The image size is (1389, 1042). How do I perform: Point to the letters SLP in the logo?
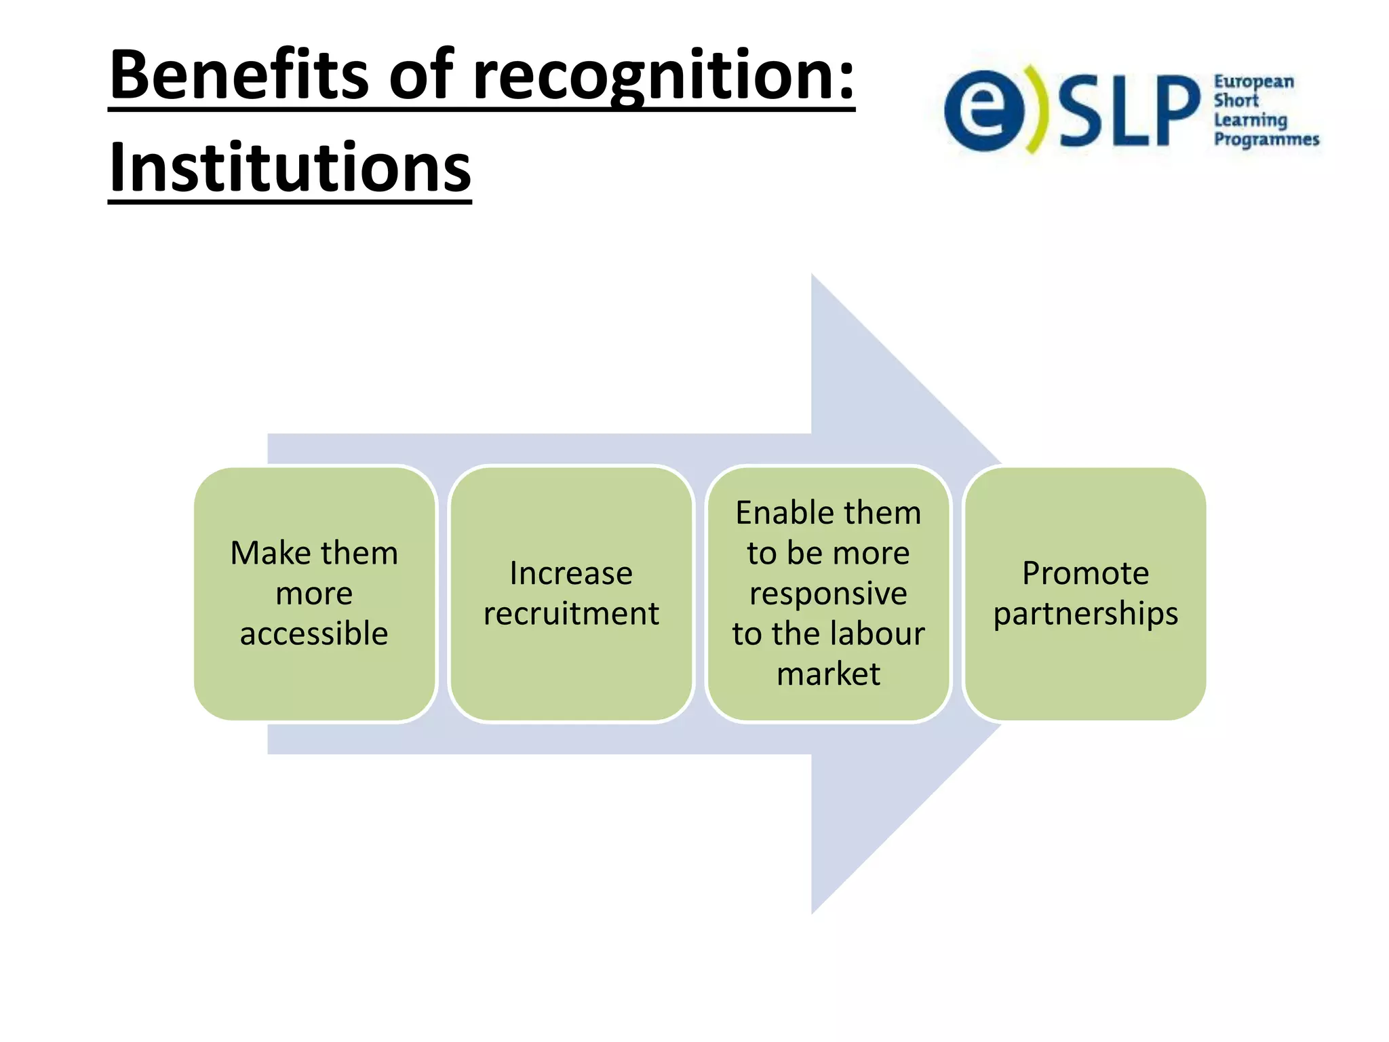(x=1129, y=111)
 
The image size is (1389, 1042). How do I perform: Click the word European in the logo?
(x=1253, y=82)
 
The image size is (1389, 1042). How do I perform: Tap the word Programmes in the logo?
(x=1266, y=140)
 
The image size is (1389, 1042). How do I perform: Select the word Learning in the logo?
(x=1250, y=121)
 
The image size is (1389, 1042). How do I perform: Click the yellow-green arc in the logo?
(x=1036, y=109)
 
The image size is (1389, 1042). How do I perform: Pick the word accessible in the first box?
(x=314, y=634)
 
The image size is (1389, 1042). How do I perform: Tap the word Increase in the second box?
(x=571, y=573)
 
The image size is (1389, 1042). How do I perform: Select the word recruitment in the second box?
(x=571, y=614)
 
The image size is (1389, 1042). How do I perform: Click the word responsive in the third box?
(x=828, y=594)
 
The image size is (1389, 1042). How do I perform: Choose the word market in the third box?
(x=828, y=674)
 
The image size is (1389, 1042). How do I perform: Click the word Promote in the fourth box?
(x=1085, y=573)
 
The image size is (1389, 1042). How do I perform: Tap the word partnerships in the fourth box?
(x=1085, y=614)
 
